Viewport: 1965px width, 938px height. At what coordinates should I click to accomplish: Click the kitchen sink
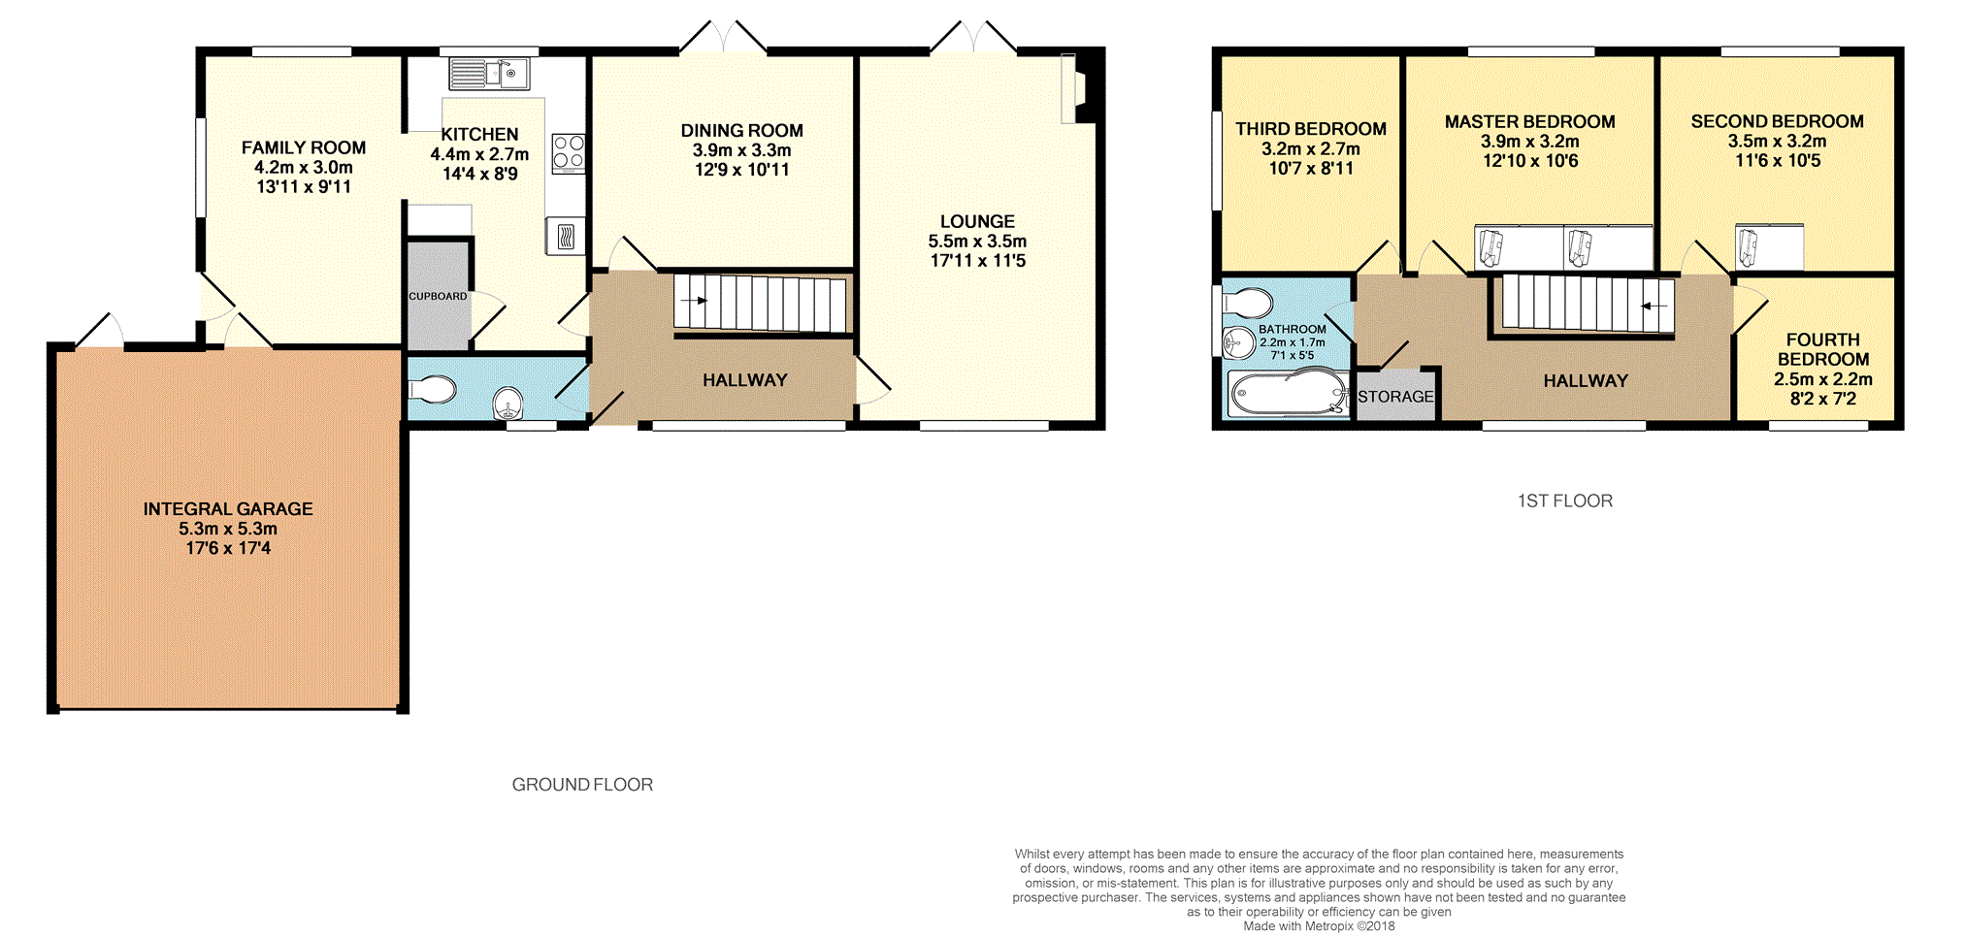click(489, 74)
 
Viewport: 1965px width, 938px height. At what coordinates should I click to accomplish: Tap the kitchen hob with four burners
click(569, 153)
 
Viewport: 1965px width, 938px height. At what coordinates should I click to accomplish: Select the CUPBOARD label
click(438, 296)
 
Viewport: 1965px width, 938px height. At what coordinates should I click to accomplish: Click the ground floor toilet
click(433, 390)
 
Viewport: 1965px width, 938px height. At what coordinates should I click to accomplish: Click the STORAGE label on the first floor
click(1395, 397)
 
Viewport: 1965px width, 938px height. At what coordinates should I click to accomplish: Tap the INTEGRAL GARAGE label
click(228, 509)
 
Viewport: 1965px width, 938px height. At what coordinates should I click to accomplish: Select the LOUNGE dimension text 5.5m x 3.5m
click(977, 242)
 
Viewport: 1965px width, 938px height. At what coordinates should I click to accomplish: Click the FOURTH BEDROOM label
click(1823, 349)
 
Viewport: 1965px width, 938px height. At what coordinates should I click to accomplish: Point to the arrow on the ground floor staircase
click(694, 301)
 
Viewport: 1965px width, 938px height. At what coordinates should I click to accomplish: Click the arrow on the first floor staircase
click(1654, 307)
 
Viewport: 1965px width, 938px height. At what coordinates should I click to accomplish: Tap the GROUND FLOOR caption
click(582, 785)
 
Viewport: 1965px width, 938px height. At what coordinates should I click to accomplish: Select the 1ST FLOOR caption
click(1565, 501)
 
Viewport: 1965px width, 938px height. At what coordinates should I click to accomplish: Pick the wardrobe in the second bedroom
click(1769, 246)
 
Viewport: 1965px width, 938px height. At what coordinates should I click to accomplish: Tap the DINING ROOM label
click(741, 131)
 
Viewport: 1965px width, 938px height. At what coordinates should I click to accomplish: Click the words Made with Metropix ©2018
click(1319, 925)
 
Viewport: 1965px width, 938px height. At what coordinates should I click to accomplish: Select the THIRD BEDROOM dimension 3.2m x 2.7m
click(1310, 148)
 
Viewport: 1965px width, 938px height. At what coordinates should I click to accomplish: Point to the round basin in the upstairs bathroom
click(1238, 342)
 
